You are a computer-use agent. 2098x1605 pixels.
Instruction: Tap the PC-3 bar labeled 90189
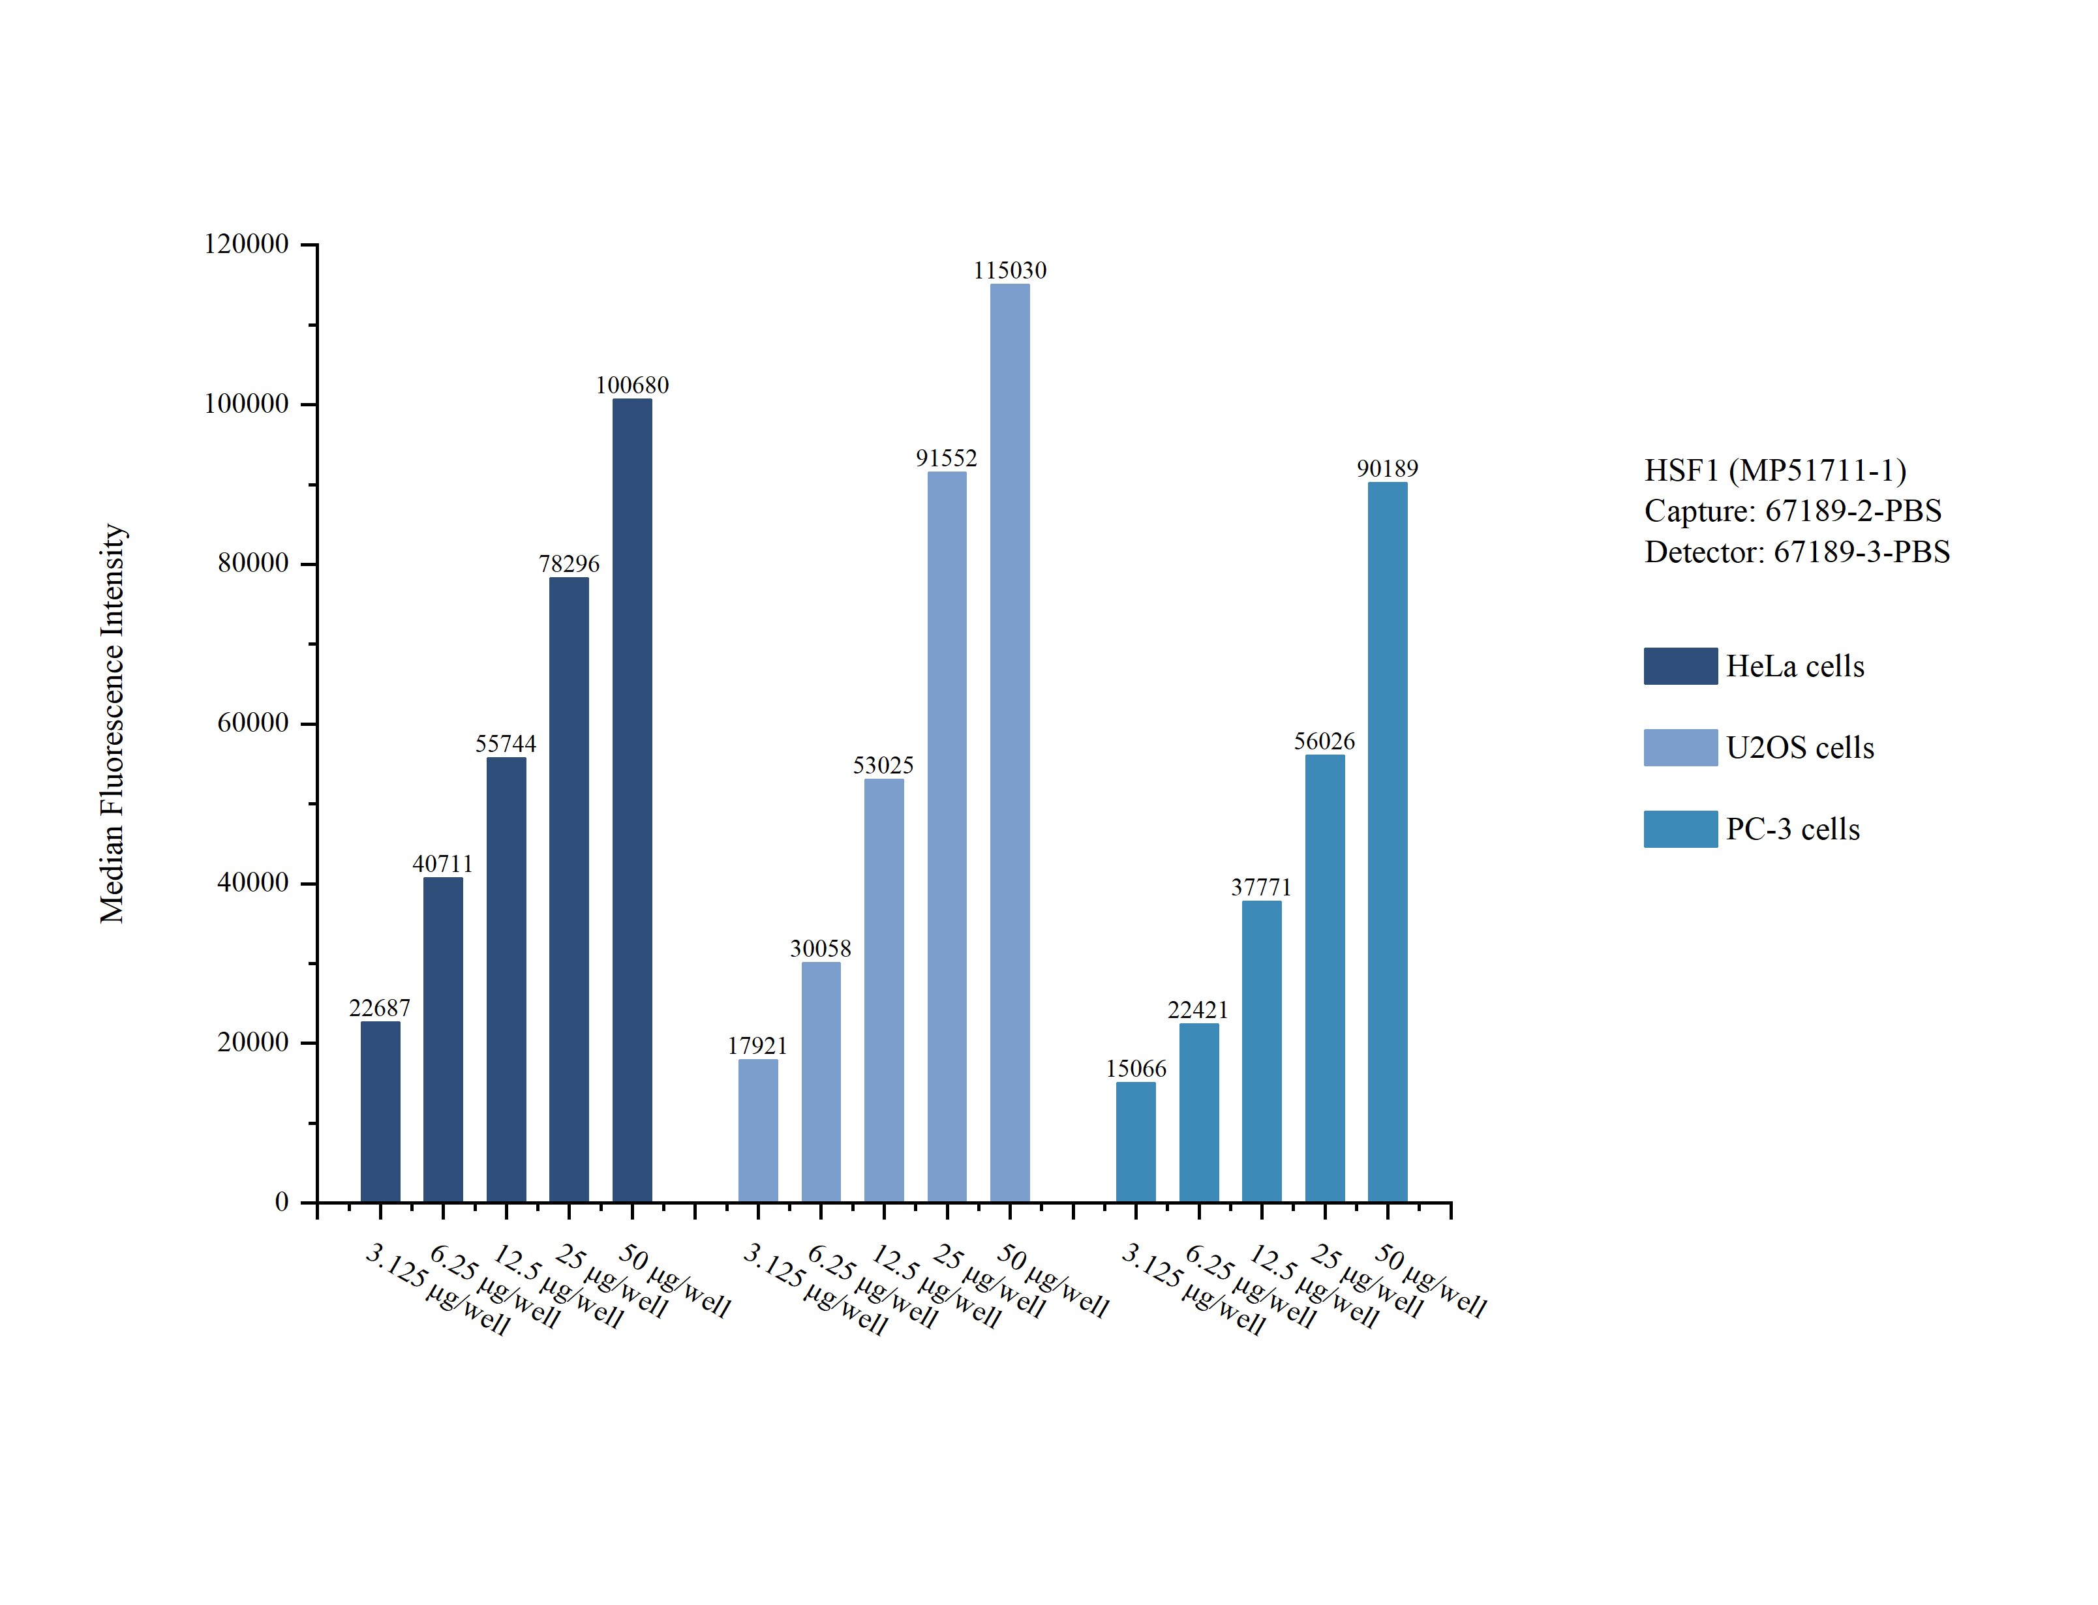click(1387, 842)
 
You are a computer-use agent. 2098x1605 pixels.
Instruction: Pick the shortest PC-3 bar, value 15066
click(1136, 1142)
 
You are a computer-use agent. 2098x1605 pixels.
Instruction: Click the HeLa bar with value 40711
click(444, 1040)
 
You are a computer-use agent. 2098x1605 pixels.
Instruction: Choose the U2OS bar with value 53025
click(884, 990)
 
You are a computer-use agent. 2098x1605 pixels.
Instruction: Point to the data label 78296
click(570, 563)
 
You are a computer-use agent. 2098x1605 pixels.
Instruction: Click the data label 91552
click(947, 458)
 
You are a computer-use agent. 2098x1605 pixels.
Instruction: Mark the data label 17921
click(757, 1045)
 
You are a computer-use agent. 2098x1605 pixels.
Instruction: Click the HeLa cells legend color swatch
click(1680, 666)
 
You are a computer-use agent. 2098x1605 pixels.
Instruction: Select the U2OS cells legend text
click(1800, 747)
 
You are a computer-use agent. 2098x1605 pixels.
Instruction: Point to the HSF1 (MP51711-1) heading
click(1775, 470)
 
